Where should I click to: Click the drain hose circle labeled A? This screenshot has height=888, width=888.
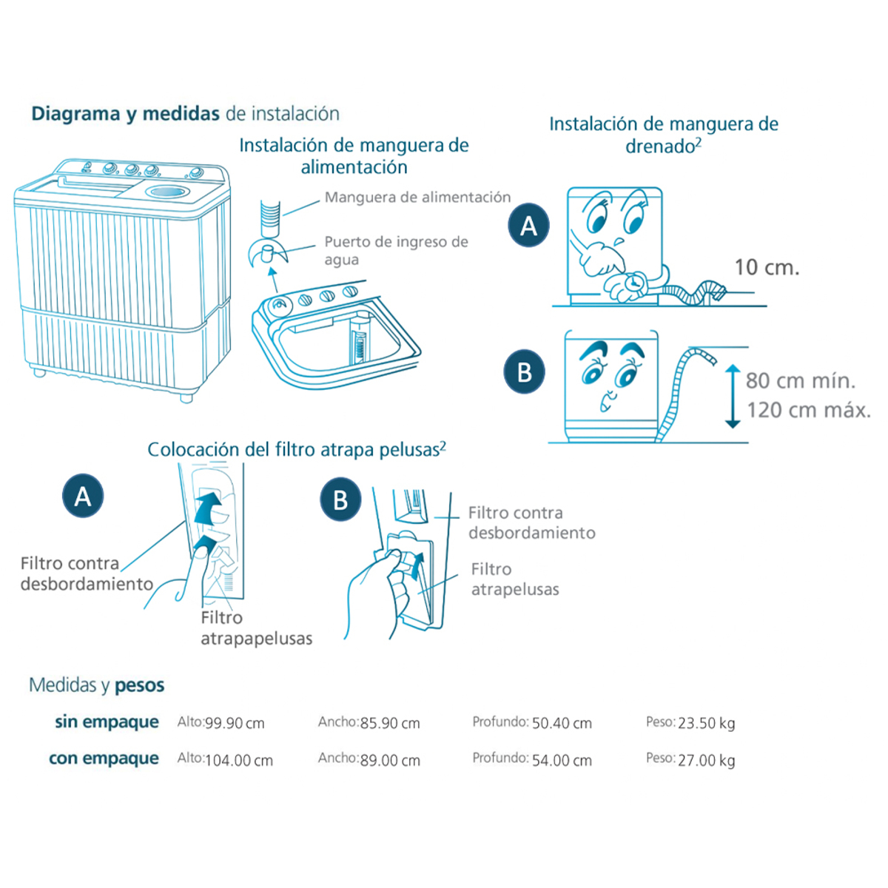(x=528, y=225)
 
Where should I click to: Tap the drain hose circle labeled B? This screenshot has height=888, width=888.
(x=524, y=371)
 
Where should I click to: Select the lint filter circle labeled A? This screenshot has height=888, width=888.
(x=83, y=496)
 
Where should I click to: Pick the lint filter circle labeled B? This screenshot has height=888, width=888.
(x=340, y=500)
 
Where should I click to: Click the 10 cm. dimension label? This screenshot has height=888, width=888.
(x=767, y=267)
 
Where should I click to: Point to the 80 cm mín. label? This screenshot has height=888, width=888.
(x=800, y=381)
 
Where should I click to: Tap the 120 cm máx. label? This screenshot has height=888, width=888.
(x=808, y=410)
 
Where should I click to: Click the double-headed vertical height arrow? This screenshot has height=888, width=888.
(x=733, y=396)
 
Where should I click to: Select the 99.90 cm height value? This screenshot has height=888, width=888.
(x=235, y=723)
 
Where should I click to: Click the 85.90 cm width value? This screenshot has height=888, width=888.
(x=390, y=723)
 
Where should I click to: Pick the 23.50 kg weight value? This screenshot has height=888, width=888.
(x=706, y=723)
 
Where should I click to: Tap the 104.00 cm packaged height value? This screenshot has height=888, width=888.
(x=239, y=760)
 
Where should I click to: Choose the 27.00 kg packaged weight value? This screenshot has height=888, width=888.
(x=706, y=760)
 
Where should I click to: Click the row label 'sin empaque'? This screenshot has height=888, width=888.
(x=107, y=721)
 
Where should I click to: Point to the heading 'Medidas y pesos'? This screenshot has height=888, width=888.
(x=97, y=685)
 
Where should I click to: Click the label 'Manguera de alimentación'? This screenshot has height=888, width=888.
(x=417, y=198)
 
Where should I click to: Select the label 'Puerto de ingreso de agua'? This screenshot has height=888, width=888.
(x=396, y=250)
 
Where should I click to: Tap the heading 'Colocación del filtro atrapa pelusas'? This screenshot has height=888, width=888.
(x=296, y=450)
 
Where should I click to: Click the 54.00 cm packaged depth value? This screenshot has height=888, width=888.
(x=562, y=760)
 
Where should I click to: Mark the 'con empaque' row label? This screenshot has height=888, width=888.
(x=104, y=758)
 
